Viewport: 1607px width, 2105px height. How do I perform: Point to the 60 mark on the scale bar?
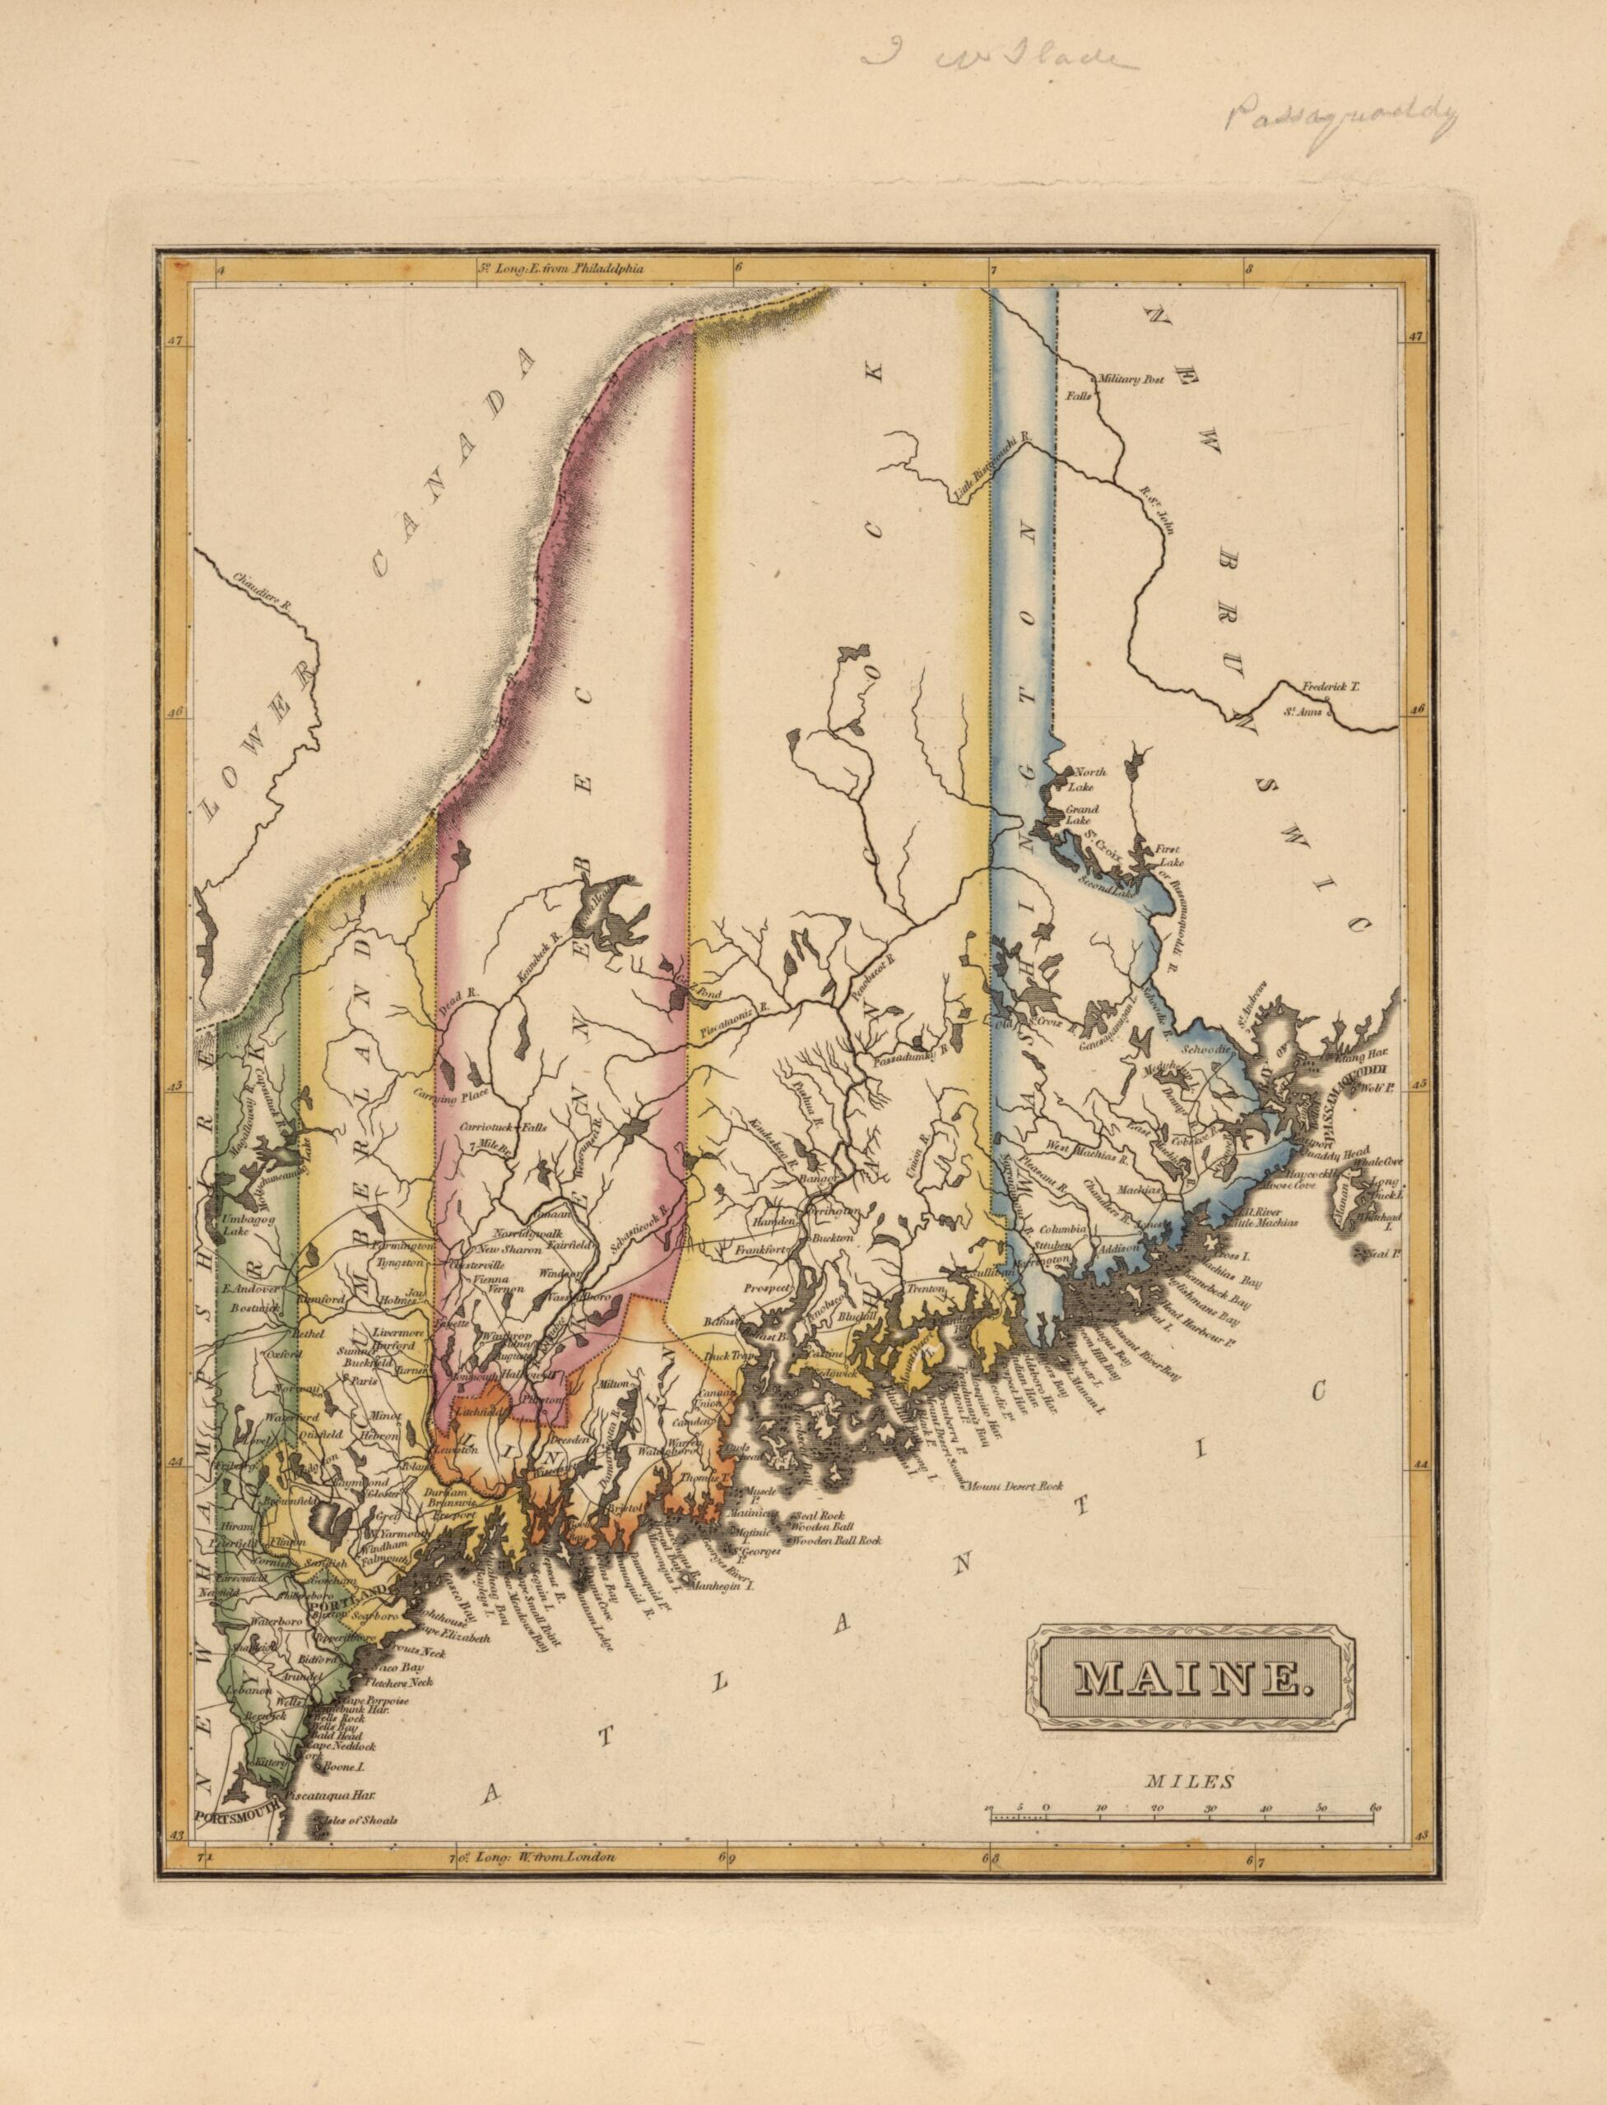(1376, 1810)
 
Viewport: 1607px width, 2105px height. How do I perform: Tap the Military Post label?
(1131, 380)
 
